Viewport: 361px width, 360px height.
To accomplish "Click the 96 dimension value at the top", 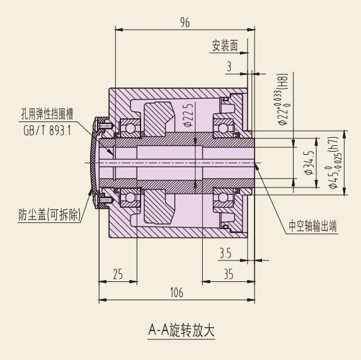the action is coord(185,23).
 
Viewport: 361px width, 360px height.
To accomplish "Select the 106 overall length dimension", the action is coord(176,293).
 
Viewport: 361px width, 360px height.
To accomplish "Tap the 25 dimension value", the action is coord(118,274).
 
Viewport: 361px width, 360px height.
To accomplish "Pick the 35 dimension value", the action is coord(229,274).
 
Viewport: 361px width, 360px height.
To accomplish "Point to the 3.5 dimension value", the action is coord(225,253).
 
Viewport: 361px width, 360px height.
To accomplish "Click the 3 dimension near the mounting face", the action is coord(229,67).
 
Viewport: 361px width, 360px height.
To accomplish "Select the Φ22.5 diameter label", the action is coord(189,115).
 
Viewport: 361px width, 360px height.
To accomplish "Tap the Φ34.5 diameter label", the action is coord(310,163).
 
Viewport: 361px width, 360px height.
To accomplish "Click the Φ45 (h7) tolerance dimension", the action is coord(334,163).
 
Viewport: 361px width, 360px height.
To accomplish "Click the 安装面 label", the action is coord(225,45).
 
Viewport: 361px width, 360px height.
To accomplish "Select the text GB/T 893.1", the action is coord(47,131).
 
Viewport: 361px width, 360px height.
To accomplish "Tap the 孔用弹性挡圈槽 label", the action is coord(47,114).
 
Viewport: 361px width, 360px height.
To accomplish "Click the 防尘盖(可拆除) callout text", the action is coord(50,215).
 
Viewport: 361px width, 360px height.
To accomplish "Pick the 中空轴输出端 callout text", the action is coord(312,226).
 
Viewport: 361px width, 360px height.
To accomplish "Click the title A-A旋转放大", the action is coord(181,330).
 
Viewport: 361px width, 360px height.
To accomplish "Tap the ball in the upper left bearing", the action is coord(130,128).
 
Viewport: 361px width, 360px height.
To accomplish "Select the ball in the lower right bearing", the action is coord(223,197).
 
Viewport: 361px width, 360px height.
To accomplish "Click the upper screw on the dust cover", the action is coord(104,125).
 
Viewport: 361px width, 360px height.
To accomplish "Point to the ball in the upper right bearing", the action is coord(223,128).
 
